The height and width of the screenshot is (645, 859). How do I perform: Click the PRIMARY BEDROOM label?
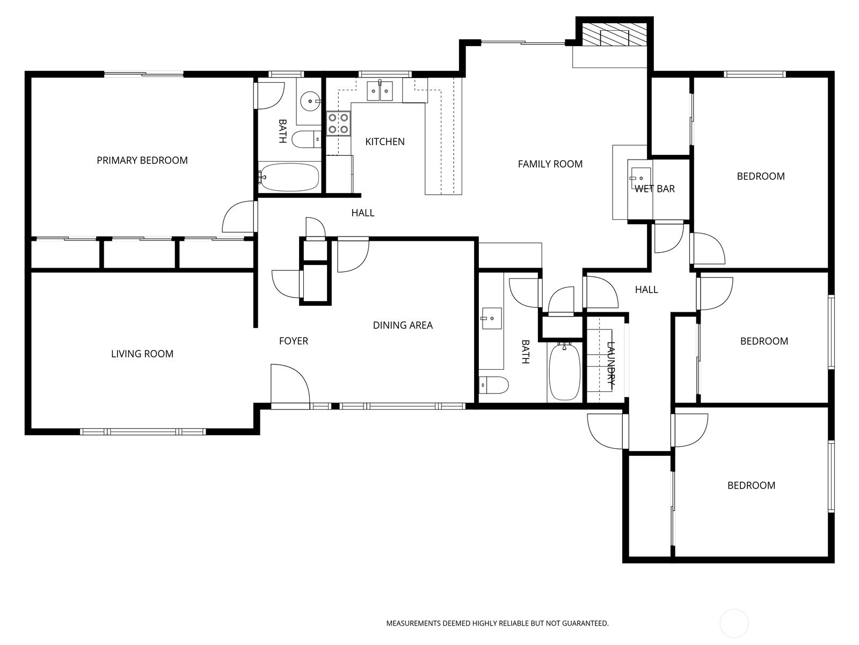(x=142, y=160)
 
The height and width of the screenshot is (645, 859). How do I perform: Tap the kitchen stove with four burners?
(x=338, y=123)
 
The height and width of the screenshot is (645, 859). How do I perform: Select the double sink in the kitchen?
(x=380, y=91)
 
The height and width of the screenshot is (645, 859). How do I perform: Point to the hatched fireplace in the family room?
(x=614, y=36)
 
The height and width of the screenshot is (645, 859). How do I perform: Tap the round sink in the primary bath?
(x=310, y=100)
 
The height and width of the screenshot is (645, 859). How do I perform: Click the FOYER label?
(x=294, y=341)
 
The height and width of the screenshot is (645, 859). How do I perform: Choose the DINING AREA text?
(x=403, y=325)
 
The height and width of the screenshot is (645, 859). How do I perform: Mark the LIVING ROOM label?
(x=142, y=354)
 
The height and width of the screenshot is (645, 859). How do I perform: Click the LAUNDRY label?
(x=610, y=364)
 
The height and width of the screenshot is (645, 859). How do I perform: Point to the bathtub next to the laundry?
(x=564, y=371)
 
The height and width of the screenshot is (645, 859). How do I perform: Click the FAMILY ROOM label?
(x=550, y=164)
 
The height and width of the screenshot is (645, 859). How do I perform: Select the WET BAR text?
(x=654, y=189)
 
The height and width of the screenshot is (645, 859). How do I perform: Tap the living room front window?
(x=143, y=432)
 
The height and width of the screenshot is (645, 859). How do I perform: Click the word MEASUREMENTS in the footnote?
(x=413, y=623)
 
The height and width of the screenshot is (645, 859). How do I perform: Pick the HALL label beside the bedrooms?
(x=646, y=290)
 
